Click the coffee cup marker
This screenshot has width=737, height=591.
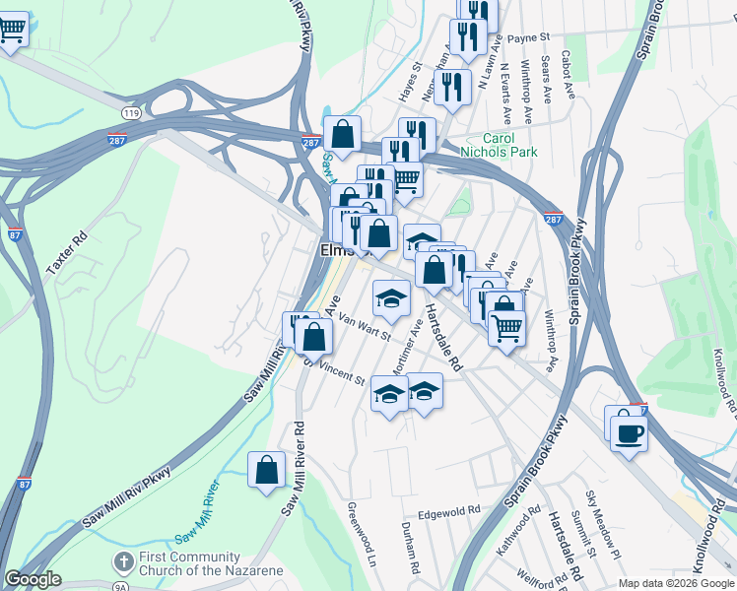click(x=629, y=432)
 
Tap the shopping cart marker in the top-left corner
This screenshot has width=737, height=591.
click(x=13, y=31)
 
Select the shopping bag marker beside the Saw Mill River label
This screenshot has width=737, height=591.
click(x=266, y=470)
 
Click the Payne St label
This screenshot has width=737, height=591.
click(x=529, y=37)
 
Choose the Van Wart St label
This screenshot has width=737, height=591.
click(x=365, y=326)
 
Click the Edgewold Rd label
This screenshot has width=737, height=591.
click(x=448, y=511)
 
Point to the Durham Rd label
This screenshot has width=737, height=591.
click(x=413, y=556)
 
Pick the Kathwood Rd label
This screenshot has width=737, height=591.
click(x=518, y=531)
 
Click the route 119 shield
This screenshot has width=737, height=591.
click(x=132, y=114)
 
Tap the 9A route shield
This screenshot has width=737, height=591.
click(x=120, y=587)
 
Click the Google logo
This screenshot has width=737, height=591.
click(x=33, y=579)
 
